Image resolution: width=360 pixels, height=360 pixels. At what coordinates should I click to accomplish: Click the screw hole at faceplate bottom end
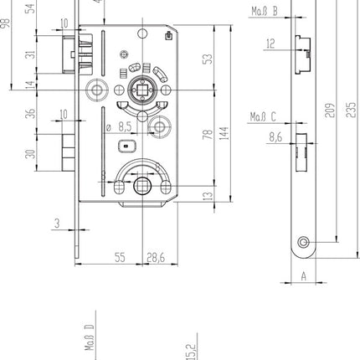(302, 244)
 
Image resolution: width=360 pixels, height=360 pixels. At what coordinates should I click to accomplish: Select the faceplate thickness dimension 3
(56, 223)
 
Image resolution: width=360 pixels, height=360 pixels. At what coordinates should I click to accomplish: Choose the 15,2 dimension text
(190, 348)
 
